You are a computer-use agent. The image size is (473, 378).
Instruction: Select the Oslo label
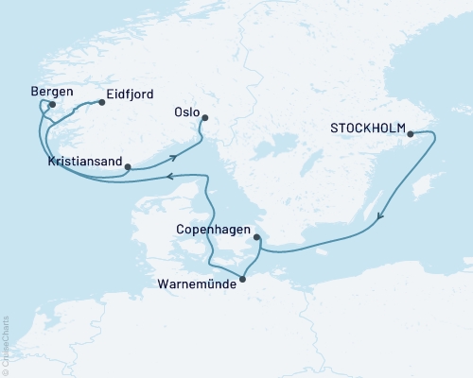point(186,112)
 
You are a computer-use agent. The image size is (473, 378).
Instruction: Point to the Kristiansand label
point(84,163)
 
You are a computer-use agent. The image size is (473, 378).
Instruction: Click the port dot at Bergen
point(53,106)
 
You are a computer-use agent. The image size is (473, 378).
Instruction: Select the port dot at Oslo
point(204,118)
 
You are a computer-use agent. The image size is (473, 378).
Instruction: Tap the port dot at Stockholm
point(411,134)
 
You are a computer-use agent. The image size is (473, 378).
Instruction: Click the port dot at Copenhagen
point(256,238)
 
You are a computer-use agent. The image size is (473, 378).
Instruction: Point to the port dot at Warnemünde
point(243,279)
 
